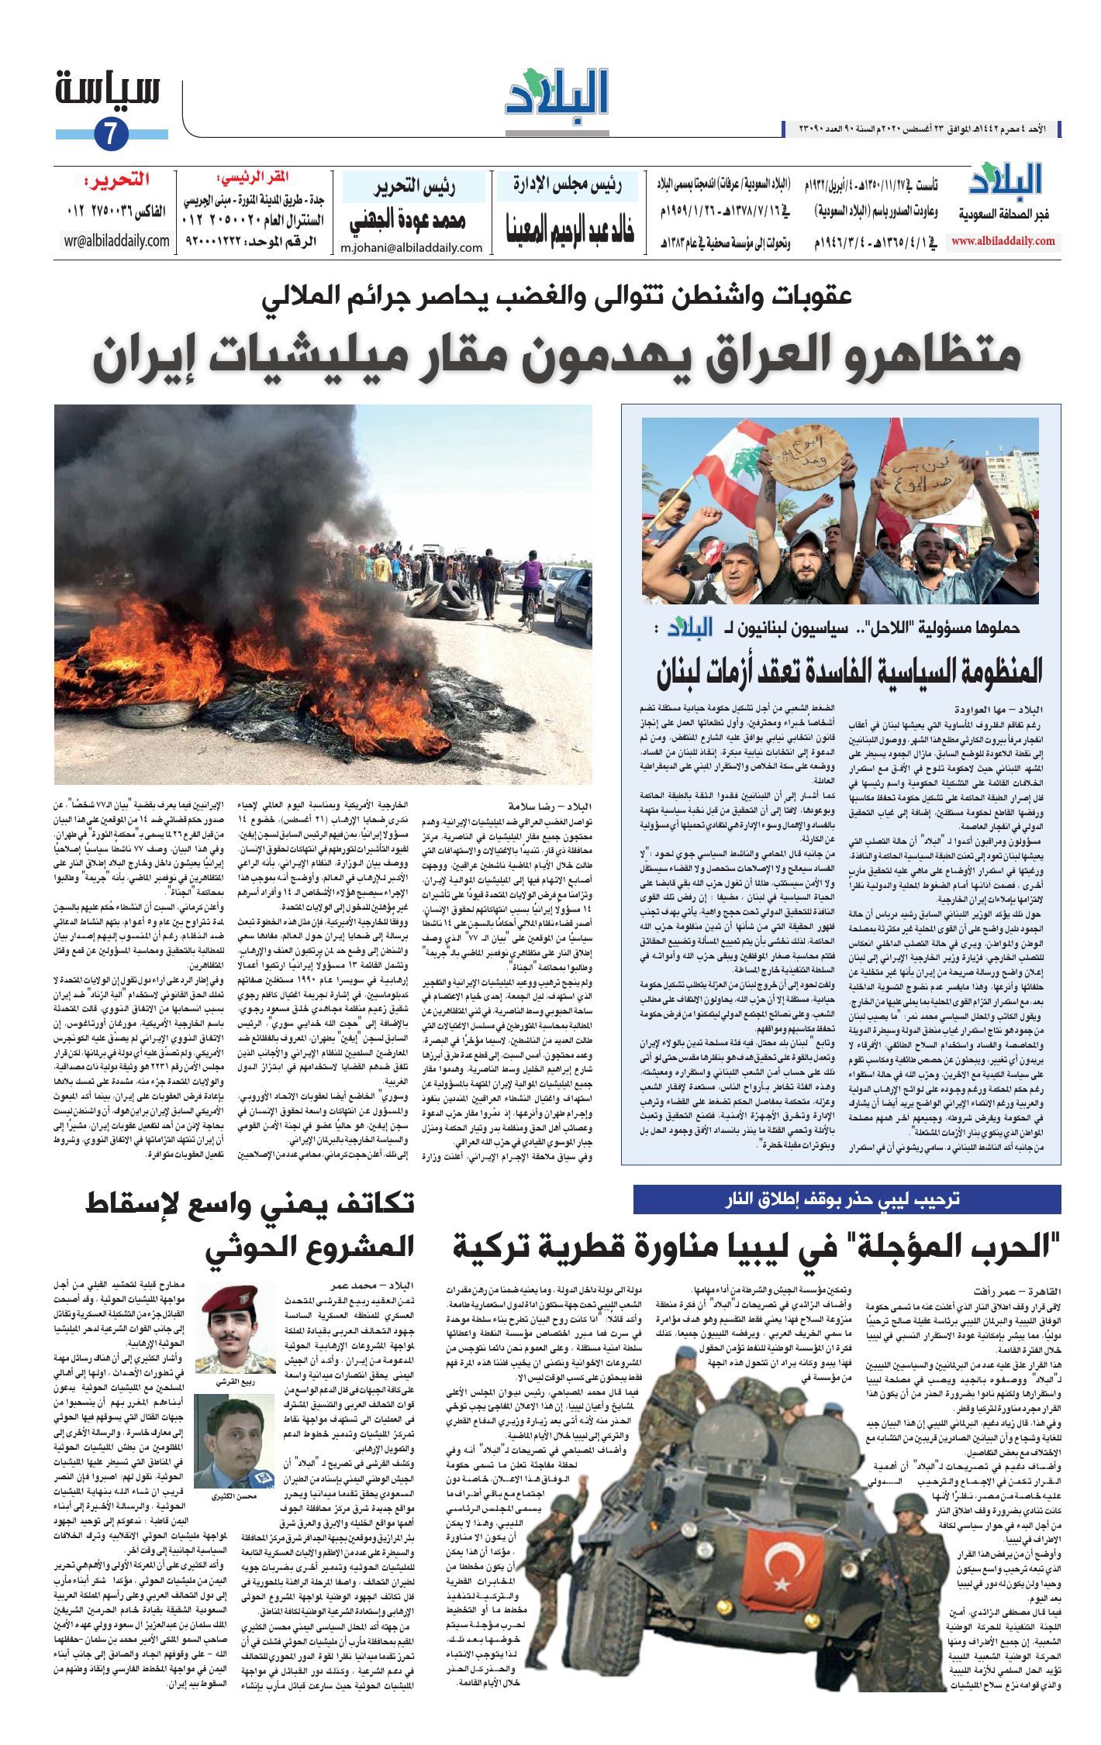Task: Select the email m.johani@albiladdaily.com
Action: coord(411,248)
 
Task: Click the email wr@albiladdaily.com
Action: coord(117,241)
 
